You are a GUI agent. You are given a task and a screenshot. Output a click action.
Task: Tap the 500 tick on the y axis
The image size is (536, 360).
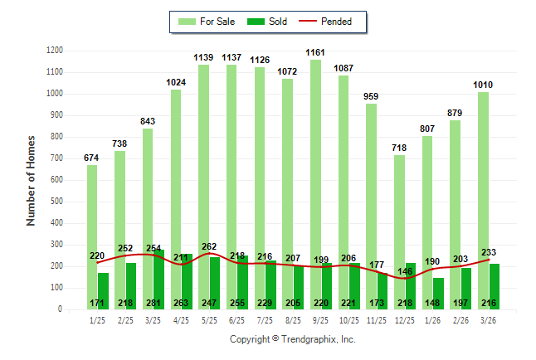click(55, 202)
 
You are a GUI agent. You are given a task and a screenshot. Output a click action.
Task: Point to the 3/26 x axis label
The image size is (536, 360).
click(489, 319)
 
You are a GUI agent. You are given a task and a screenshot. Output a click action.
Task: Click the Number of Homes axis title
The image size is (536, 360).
click(32, 180)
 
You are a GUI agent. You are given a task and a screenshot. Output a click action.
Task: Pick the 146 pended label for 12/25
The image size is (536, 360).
click(405, 270)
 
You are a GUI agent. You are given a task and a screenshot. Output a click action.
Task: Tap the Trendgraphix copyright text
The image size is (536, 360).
click(292, 339)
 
